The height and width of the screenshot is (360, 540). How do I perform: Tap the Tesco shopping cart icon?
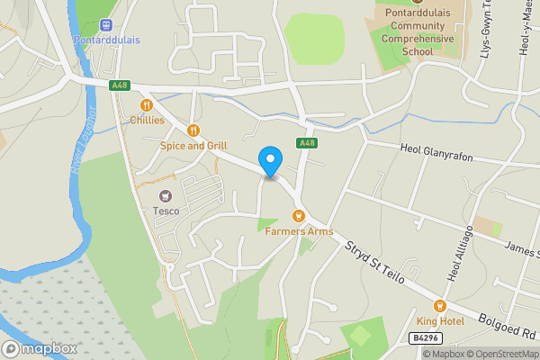(x=166, y=195)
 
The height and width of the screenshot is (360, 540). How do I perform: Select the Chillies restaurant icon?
(x=147, y=104)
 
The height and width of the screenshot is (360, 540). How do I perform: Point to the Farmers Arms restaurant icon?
(x=298, y=215)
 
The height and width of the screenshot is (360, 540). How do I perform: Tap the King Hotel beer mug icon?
(x=440, y=306)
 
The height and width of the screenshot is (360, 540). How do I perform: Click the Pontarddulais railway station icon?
(x=107, y=25)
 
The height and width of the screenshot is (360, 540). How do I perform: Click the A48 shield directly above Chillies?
(x=119, y=85)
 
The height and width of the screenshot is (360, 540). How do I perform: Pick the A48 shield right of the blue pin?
(x=308, y=143)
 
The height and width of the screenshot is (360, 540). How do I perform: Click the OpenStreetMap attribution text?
(x=499, y=354)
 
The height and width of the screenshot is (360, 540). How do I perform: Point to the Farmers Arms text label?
(x=299, y=231)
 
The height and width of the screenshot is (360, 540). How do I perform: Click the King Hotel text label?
(x=440, y=321)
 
